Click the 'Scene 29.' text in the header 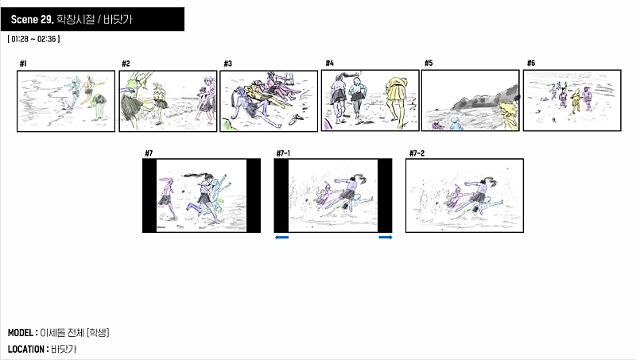pos(32,19)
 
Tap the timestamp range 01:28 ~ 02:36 pos(33,39)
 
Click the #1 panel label pos(23,64)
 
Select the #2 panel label pos(126,64)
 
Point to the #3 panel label pos(228,64)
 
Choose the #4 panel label pos(330,63)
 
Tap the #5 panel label pos(429,63)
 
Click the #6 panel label pos(531,63)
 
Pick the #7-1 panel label pos(283,153)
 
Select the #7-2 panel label pos(417,153)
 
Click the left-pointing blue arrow pos(282,237)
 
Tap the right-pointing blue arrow pos(386,237)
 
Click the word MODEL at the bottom pos(21,333)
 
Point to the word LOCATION pos(26,349)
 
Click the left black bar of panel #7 pos(149,195)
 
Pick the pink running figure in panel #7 pos(167,196)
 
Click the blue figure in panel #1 pos(74,92)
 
